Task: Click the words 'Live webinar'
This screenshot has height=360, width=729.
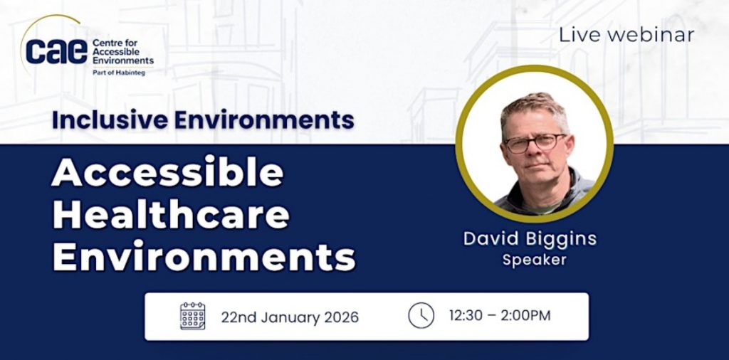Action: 626,35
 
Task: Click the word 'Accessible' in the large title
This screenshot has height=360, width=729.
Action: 167,174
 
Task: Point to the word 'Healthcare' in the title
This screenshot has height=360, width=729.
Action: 170,215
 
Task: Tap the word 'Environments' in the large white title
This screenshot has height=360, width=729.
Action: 204,257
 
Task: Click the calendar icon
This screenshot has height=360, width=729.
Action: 192,315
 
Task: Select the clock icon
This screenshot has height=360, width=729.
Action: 421,315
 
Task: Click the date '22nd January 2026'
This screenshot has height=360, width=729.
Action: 290,317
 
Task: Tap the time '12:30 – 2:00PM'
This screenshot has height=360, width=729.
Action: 499,315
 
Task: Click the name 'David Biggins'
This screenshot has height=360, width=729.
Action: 530,238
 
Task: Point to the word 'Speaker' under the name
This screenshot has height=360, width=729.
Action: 534,260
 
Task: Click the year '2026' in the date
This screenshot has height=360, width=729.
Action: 340,317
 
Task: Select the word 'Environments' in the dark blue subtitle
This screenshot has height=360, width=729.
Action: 264,120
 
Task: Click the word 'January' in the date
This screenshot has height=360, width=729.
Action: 290,317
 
